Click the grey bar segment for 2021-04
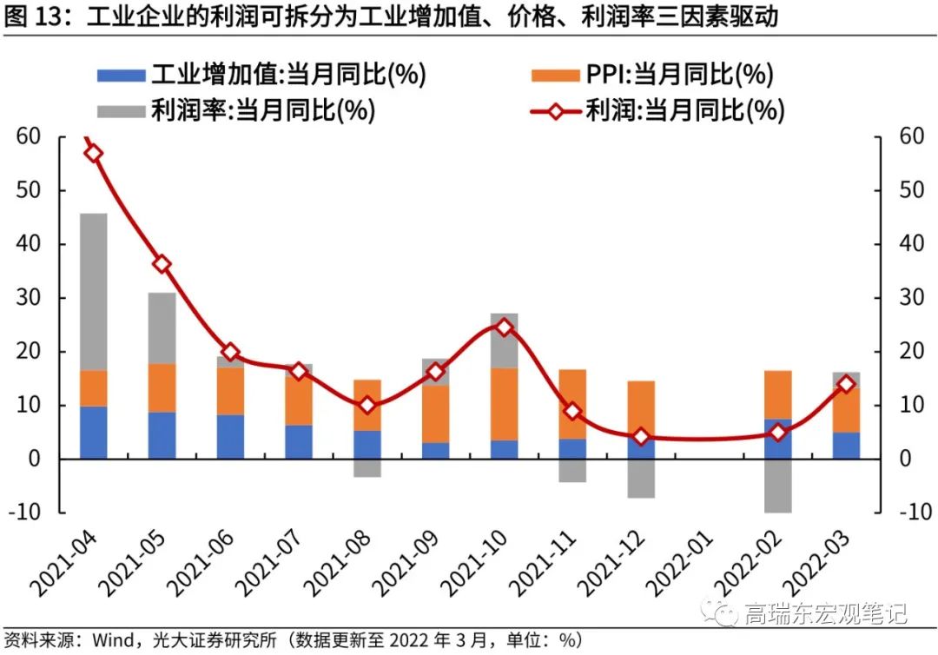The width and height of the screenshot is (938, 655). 93,292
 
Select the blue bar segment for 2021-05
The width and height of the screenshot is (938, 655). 162,435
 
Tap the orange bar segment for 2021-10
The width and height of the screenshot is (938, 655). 504,404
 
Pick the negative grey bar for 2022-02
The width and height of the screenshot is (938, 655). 777,486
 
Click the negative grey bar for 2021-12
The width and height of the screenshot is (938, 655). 641,479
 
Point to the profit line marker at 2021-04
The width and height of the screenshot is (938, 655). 94,154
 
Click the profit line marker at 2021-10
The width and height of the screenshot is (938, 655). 504,327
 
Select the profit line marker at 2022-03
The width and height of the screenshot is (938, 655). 846,383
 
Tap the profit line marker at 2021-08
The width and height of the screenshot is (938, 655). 367,405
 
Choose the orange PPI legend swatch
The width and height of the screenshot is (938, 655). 552,76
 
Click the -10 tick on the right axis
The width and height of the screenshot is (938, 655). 907,513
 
